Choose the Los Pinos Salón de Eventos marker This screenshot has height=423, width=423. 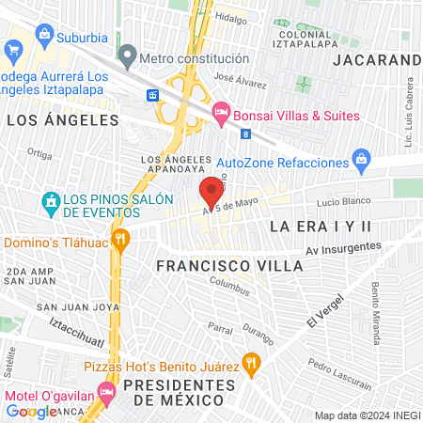tap(50, 200)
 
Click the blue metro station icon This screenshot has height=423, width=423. tap(152, 96)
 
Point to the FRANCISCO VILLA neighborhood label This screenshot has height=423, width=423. tap(229, 266)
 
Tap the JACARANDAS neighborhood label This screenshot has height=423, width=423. tap(376, 60)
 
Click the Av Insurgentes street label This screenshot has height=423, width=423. tap(343, 249)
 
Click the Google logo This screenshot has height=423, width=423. tap(31, 411)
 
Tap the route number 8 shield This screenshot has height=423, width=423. tap(245, 135)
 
